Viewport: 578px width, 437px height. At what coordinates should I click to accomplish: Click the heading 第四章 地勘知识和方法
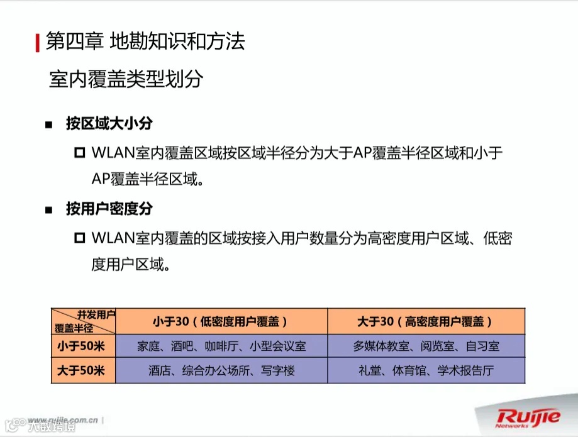click(x=145, y=41)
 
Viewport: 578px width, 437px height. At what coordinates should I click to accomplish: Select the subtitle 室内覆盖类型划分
click(x=126, y=79)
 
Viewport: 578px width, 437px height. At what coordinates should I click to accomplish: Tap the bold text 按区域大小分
click(x=109, y=123)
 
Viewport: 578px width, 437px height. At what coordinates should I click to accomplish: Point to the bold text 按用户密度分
click(x=109, y=209)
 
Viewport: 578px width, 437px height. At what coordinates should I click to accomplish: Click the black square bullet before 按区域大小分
click(x=48, y=124)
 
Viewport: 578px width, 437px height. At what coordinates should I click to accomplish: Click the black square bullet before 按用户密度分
click(x=48, y=210)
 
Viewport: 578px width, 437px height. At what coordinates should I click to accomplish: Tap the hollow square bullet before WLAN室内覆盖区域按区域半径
click(x=79, y=153)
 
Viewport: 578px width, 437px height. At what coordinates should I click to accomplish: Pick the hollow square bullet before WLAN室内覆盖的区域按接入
click(x=79, y=238)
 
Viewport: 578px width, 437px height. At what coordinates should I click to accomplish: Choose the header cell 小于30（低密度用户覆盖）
click(x=221, y=321)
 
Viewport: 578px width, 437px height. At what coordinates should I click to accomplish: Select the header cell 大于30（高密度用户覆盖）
click(x=426, y=321)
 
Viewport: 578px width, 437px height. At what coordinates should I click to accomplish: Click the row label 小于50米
click(x=81, y=346)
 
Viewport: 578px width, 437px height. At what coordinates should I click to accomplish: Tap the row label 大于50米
click(x=81, y=371)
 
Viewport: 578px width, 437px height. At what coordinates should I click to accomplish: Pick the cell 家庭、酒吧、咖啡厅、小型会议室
click(x=221, y=346)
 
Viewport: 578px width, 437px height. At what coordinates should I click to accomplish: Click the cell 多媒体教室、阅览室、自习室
click(x=426, y=346)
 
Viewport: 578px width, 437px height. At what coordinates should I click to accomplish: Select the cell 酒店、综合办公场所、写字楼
click(x=221, y=371)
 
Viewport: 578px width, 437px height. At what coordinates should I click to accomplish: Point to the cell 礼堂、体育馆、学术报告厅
click(x=426, y=371)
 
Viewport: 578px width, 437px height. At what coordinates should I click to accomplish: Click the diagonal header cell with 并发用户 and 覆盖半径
click(x=83, y=321)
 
